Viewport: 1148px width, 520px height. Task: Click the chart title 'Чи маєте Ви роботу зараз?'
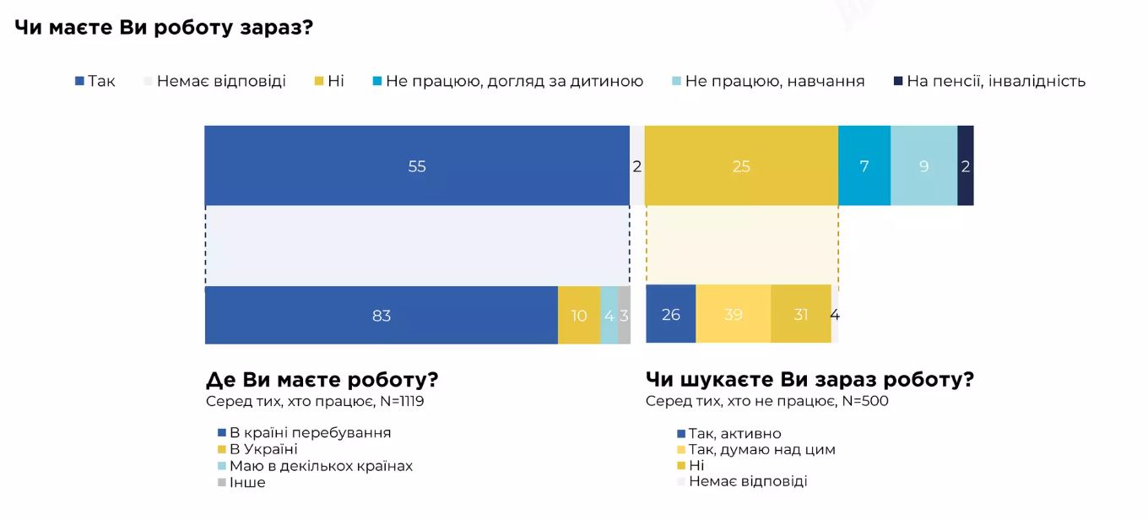[x=164, y=27]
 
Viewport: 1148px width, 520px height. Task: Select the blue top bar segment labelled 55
[x=417, y=166]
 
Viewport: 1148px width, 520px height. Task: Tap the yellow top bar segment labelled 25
[x=741, y=166]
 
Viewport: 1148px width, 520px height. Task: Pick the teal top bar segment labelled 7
[x=864, y=166]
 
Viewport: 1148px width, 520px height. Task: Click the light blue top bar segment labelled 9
[x=923, y=166]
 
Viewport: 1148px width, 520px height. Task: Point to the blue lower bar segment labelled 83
[x=381, y=315]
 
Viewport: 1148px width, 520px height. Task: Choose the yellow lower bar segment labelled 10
[x=579, y=315]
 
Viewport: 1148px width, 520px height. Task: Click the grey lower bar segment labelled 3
[x=624, y=315]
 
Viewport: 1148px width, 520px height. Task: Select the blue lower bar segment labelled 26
[x=671, y=314]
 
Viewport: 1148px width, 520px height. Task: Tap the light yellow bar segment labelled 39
[x=734, y=314]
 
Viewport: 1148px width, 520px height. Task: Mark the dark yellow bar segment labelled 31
[x=801, y=314]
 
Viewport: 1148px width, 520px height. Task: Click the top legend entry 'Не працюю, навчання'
[x=774, y=81]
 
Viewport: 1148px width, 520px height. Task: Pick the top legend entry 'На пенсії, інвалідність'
[x=995, y=81]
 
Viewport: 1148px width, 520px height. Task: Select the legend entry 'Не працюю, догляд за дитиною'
[x=514, y=81]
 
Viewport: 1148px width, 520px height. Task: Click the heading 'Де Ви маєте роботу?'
[x=322, y=380]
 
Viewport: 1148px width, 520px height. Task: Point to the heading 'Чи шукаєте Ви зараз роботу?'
[x=810, y=380]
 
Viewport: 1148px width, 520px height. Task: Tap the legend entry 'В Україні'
[x=263, y=450]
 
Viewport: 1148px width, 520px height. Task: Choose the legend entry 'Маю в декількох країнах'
[x=321, y=466]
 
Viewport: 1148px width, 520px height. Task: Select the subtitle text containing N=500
[x=767, y=401]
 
